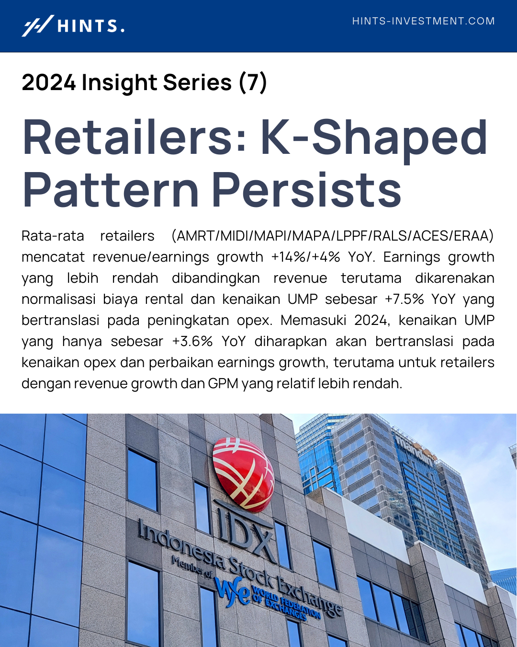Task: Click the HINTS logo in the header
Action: [x=73, y=25]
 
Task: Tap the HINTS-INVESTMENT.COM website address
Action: [x=423, y=21]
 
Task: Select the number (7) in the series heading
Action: [x=253, y=82]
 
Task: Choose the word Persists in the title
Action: [x=307, y=189]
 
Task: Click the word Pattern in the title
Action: [x=111, y=189]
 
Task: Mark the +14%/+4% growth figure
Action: [x=305, y=257]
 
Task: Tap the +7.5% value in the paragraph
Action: [x=405, y=299]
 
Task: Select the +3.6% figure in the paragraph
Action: [x=192, y=341]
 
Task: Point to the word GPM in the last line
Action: [x=223, y=383]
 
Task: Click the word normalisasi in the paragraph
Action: [x=58, y=299]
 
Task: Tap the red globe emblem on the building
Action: [x=243, y=475]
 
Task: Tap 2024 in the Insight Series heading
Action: [x=49, y=82]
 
